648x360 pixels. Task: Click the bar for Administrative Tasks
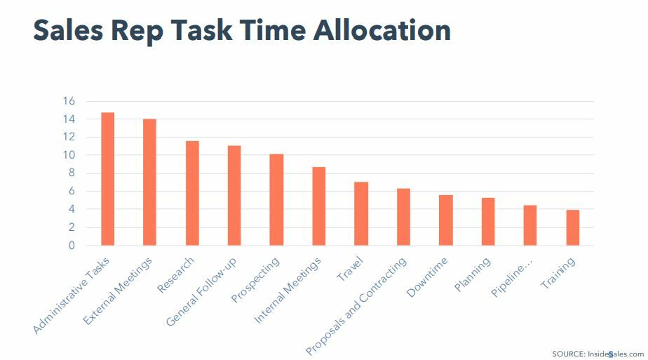pos(107,179)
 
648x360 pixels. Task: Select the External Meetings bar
pos(149,182)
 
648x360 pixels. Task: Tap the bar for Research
pos(192,193)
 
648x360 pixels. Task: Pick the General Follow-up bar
pos(234,196)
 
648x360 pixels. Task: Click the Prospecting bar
pos(276,200)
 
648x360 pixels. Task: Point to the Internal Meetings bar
pos(318,206)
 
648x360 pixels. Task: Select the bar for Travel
pos(361,214)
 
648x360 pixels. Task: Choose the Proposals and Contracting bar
pos(403,217)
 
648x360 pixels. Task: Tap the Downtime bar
pos(446,220)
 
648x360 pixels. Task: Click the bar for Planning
pos(488,222)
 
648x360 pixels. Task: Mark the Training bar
pos(573,228)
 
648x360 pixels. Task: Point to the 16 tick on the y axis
pos(68,101)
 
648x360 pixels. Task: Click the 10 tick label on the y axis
pos(68,155)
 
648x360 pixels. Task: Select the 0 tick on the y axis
pos(72,246)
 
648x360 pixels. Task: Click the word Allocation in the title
pos(382,30)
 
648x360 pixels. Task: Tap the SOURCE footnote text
pos(598,354)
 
